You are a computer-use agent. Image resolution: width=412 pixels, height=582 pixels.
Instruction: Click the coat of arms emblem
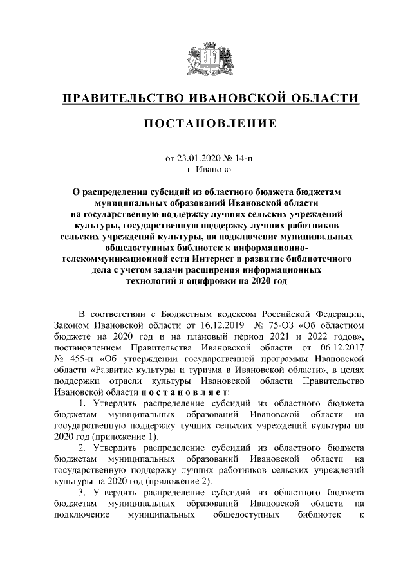[x=206, y=57]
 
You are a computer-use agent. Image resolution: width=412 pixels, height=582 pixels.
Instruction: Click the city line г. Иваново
[x=206, y=170]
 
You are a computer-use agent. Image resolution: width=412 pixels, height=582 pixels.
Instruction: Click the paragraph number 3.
[x=82, y=493]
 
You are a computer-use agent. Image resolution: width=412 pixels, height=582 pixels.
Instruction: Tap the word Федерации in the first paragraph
[x=342, y=313]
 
